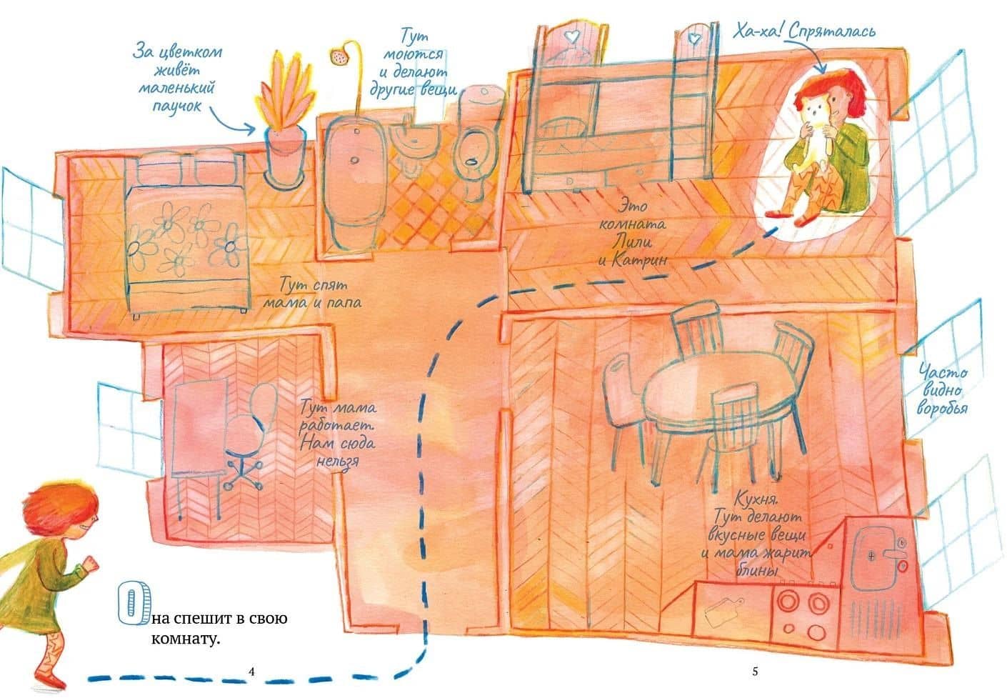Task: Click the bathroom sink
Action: (414, 139)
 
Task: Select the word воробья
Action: (942, 407)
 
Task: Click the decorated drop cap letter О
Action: (133, 603)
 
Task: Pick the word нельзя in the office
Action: (338, 462)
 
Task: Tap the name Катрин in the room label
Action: (640, 260)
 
